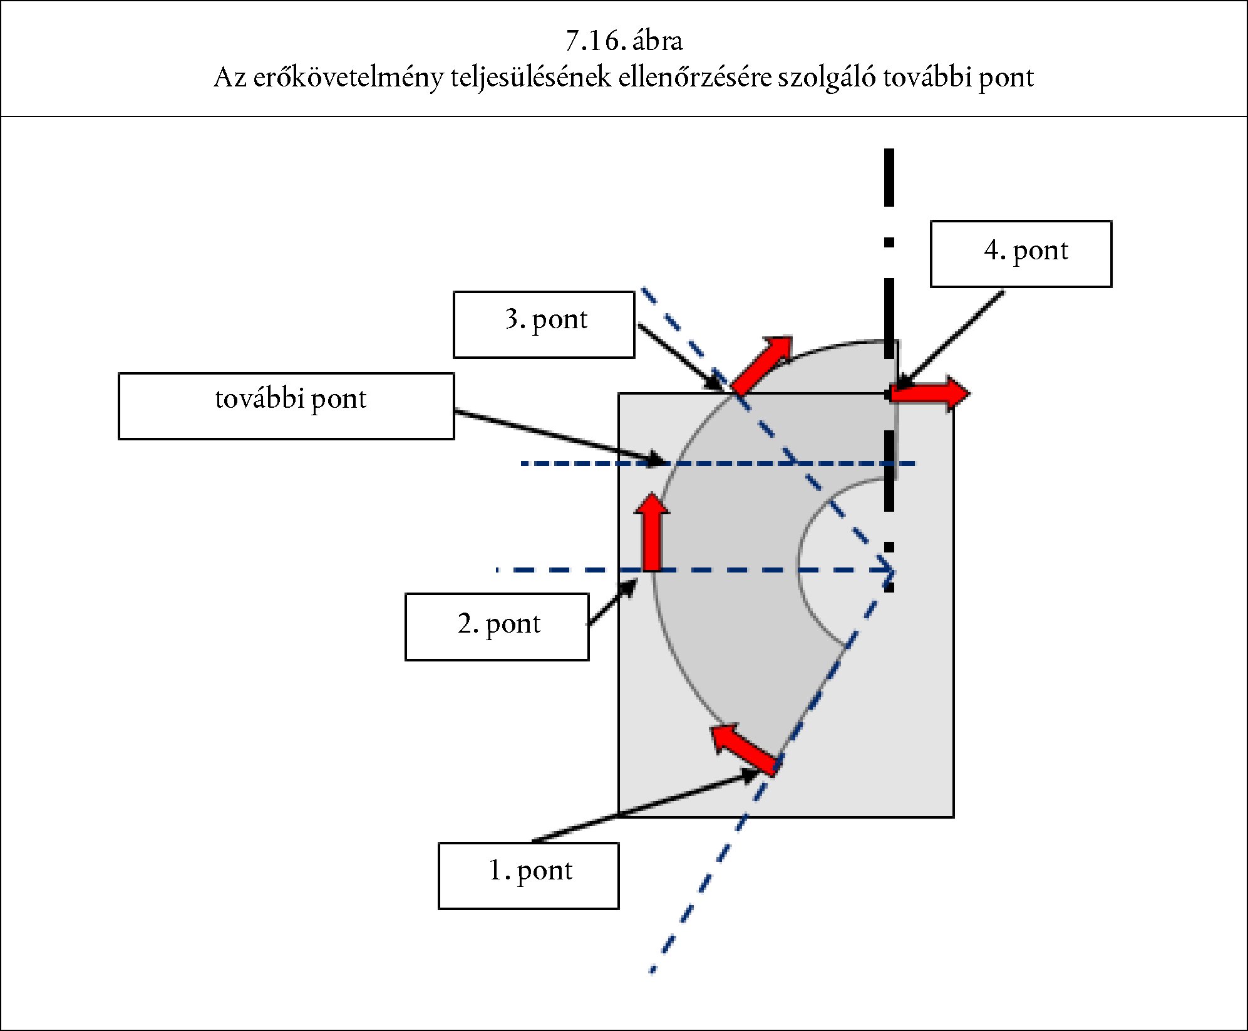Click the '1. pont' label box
tap(529, 875)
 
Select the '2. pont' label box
tap(497, 626)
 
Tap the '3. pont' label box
tap(544, 324)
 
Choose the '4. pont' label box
tap(1021, 254)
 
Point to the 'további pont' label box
tap(286, 406)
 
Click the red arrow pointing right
tap(930, 393)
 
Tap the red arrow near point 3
tap(761, 366)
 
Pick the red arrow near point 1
tap(745, 749)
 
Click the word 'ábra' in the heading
tap(658, 41)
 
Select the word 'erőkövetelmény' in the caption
tap(348, 78)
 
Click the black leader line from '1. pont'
tap(645, 808)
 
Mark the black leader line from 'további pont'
tap(557, 437)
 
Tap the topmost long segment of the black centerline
tap(889, 177)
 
